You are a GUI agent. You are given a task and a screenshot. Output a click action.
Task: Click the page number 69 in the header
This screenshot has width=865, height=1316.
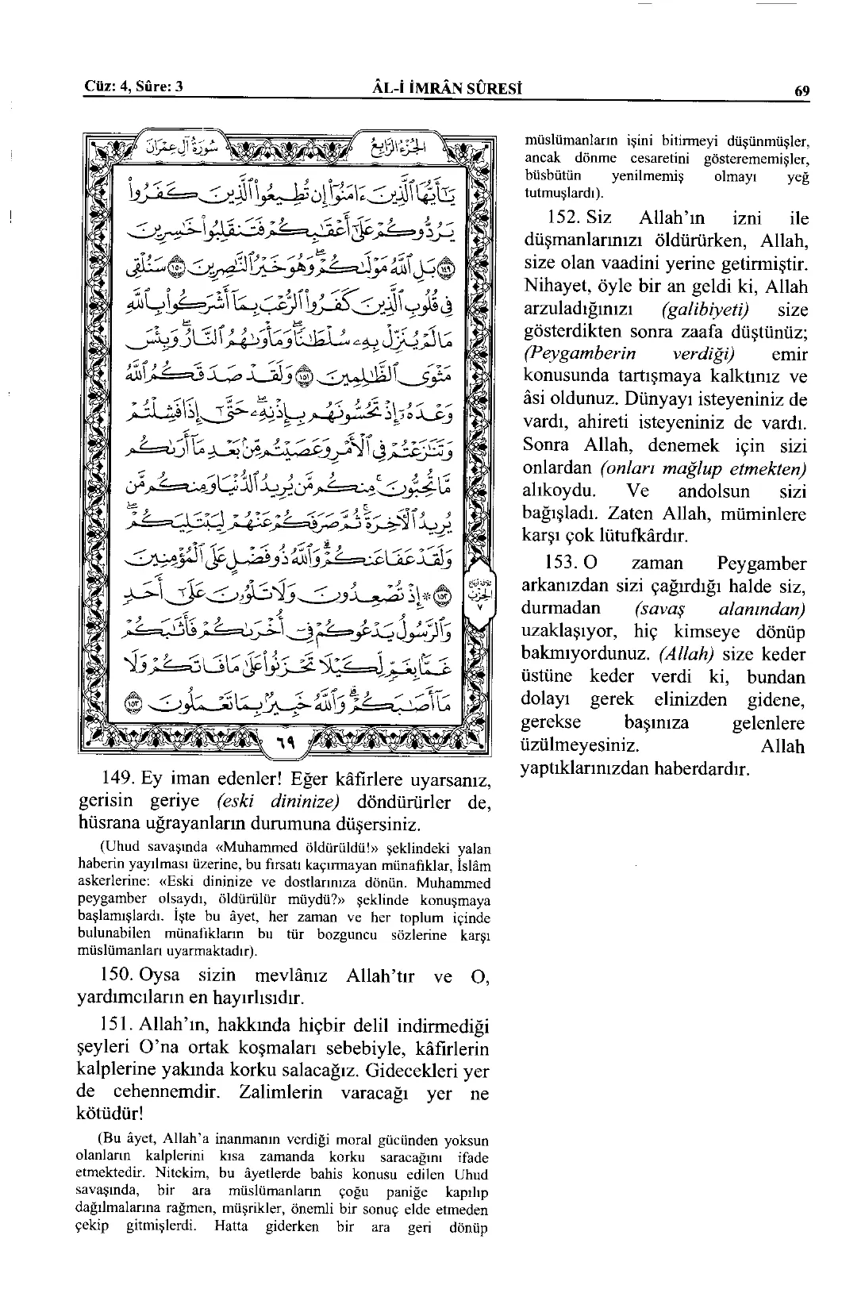tap(802, 90)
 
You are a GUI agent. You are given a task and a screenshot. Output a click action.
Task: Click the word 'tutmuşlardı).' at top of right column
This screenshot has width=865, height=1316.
tap(564, 194)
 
